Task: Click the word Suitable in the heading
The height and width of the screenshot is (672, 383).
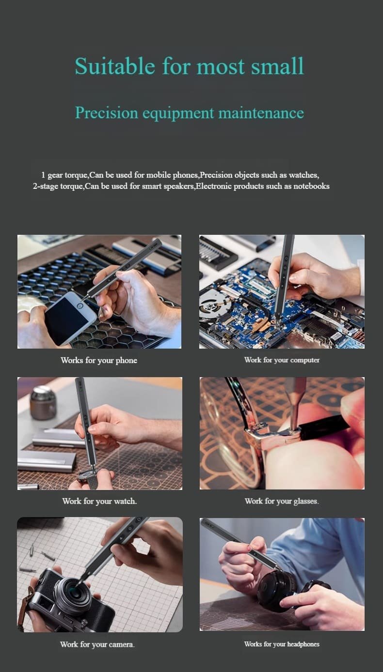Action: (115, 66)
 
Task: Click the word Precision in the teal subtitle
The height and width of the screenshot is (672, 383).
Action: (107, 113)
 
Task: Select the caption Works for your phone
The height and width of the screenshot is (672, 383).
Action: (99, 360)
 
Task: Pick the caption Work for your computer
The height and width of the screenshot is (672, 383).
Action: (282, 360)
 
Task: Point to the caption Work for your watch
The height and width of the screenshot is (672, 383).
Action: (99, 501)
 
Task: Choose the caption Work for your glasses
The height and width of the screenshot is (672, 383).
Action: (282, 501)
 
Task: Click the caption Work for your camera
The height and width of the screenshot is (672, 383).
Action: (97, 644)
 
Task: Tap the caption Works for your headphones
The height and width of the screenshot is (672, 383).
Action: (282, 644)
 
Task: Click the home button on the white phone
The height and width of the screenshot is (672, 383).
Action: (80, 305)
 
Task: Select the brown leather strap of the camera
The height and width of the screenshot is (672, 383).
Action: (25, 603)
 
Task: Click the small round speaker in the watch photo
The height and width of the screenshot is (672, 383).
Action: (43, 403)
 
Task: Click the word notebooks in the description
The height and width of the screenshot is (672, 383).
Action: (311, 186)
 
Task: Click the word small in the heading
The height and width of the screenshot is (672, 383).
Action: (277, 66)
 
